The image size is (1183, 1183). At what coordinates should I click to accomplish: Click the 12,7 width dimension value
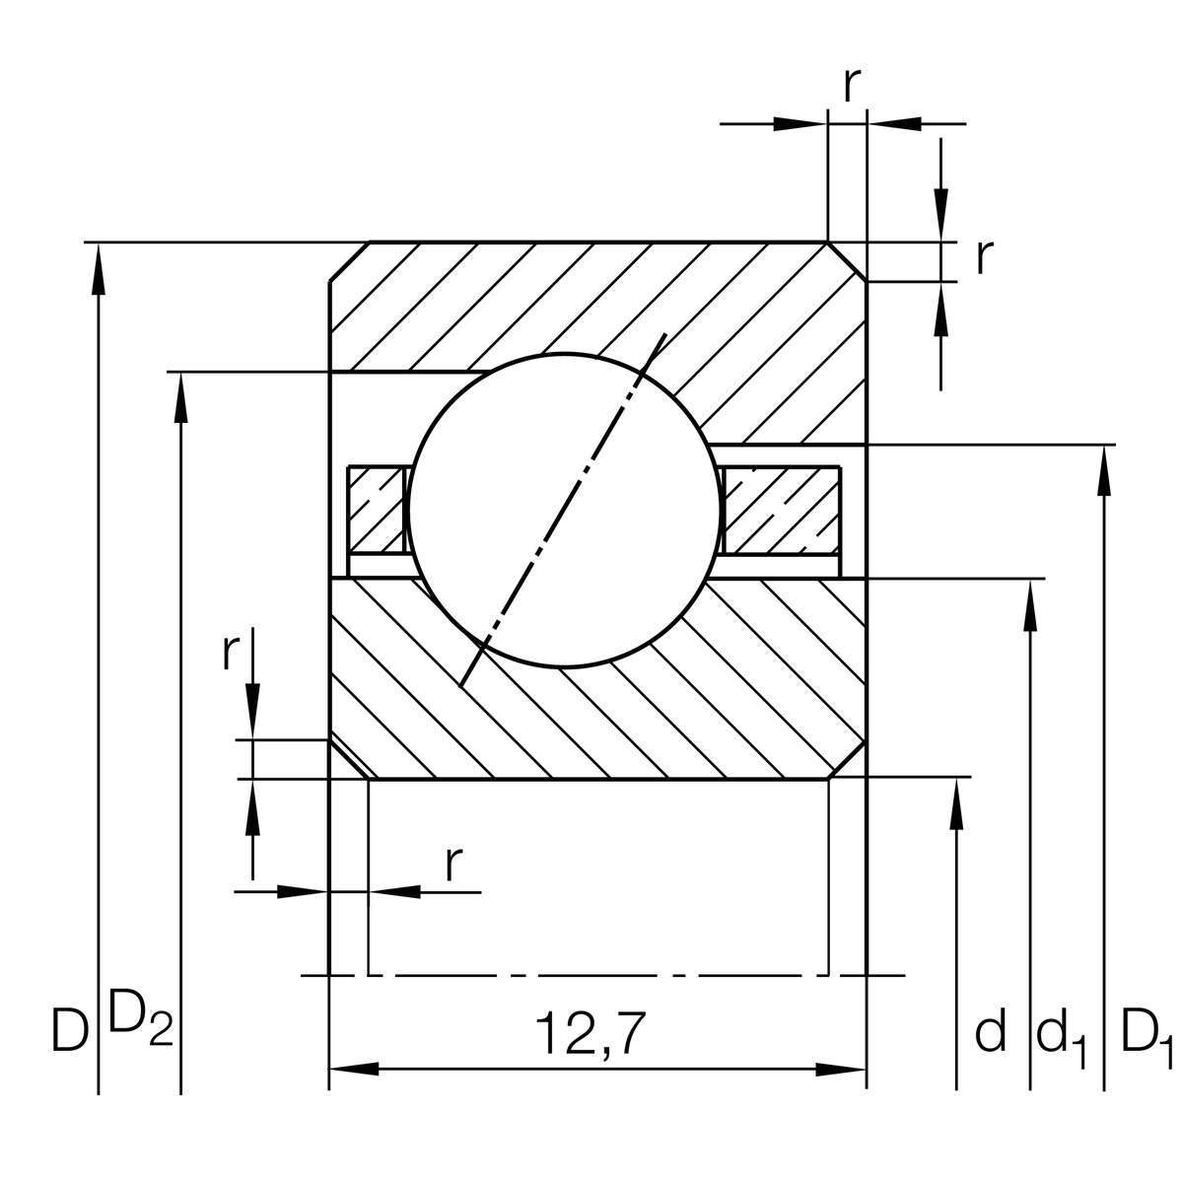click(x=590, y=1033)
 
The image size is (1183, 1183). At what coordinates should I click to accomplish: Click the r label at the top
click(x=853, y=87)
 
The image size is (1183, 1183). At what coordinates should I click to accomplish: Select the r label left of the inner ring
click(x=231, y=652)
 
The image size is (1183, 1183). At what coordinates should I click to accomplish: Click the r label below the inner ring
click(x=452, y=865)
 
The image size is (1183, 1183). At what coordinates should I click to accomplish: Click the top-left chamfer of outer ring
click(x=349, y=261)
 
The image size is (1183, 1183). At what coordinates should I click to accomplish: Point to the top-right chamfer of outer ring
click(x=847, y=261)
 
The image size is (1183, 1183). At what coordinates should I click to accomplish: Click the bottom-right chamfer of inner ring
click(x=847, y=759)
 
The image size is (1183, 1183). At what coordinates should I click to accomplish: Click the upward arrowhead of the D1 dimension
click(x=1102, y=471)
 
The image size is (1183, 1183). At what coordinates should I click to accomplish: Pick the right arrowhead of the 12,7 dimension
click(x=842, y=1069)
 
